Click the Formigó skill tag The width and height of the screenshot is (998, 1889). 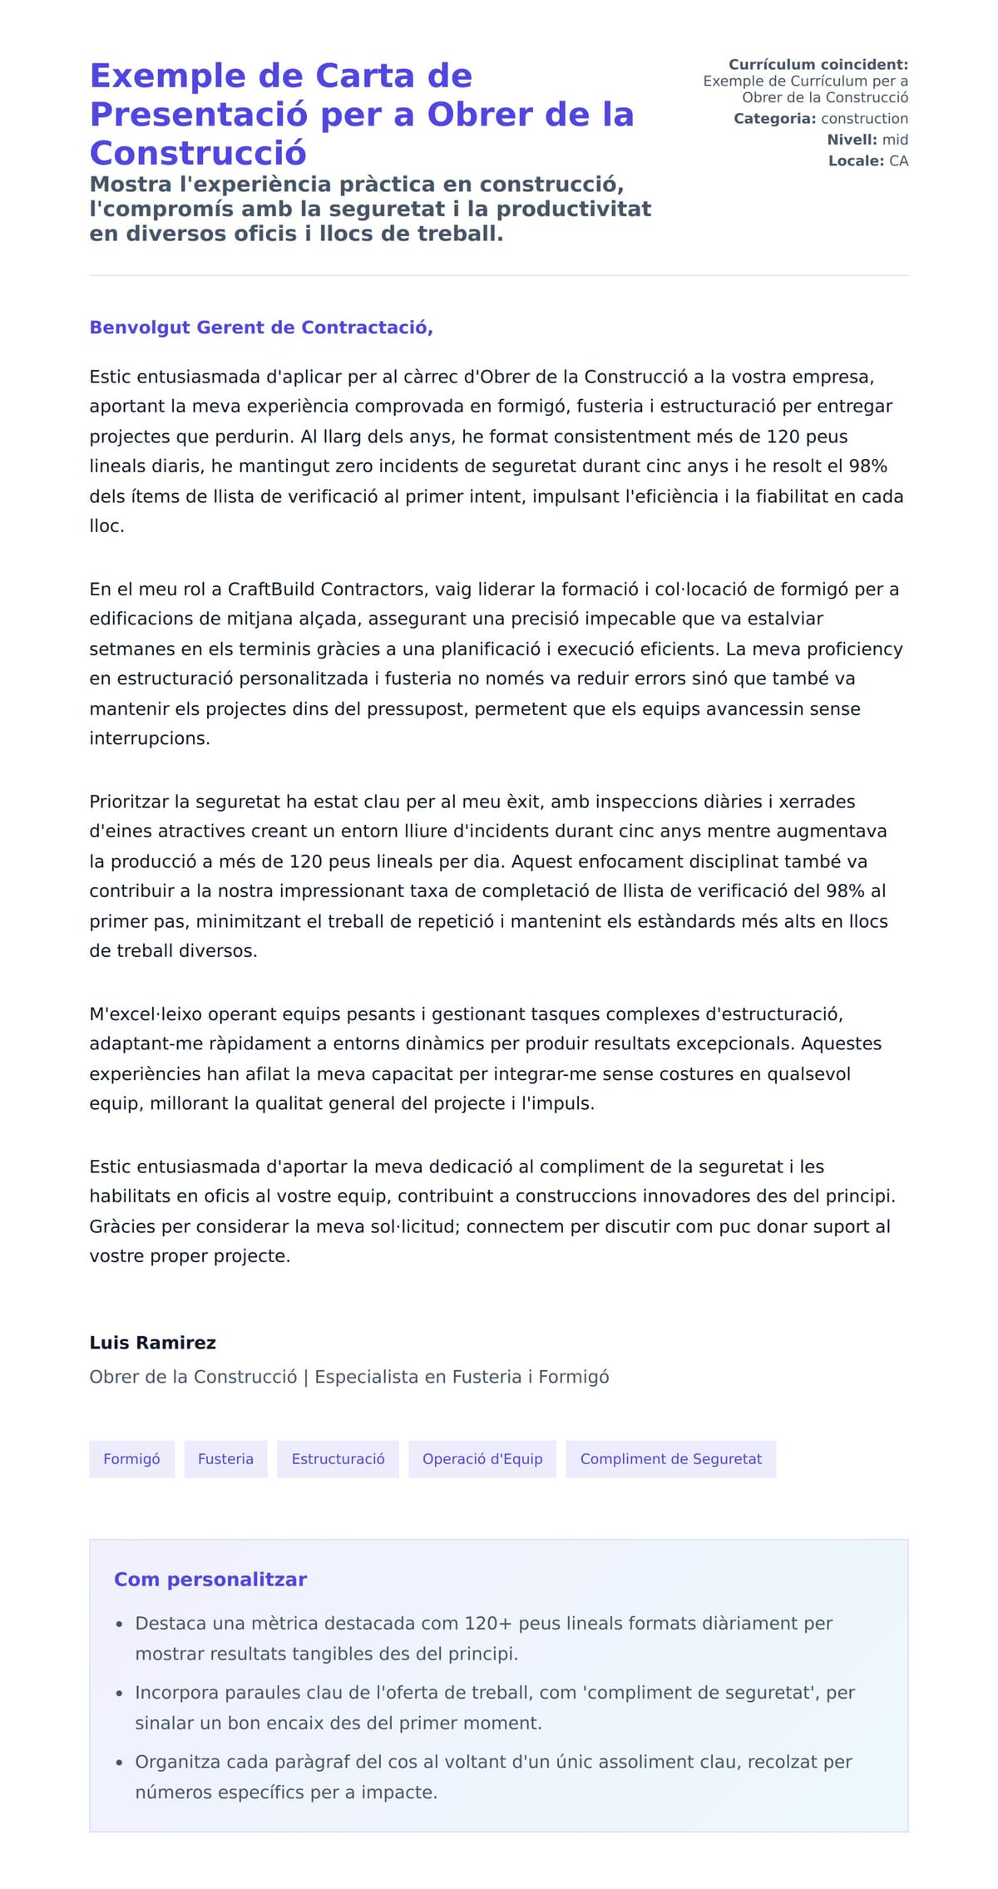click(131, 1458)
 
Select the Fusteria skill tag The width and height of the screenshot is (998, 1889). click(225, 1458)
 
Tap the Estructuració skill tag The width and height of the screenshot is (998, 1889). click(338, 1458)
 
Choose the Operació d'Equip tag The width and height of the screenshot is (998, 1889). click(482, 1458)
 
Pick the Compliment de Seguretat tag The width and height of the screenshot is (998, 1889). click(670, 1458)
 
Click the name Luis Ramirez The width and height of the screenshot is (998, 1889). click(152, 1342)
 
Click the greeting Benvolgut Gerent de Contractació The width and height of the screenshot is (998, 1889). click(261, 327)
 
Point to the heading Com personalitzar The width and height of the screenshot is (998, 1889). click(210, 1579)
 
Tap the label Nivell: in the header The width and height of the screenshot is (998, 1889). click(851, 140)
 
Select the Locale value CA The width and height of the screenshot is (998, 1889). click(898, 160)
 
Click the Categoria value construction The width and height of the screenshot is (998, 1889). click(864, 118)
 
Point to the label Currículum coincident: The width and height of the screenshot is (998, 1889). click(818, 64)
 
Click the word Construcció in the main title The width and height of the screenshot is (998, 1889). click(198, 153)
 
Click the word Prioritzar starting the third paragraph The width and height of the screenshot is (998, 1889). click(129, 801)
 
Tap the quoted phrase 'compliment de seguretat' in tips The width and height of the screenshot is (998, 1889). click(721, 1692)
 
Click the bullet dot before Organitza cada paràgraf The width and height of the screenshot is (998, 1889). click(120, 1763)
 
